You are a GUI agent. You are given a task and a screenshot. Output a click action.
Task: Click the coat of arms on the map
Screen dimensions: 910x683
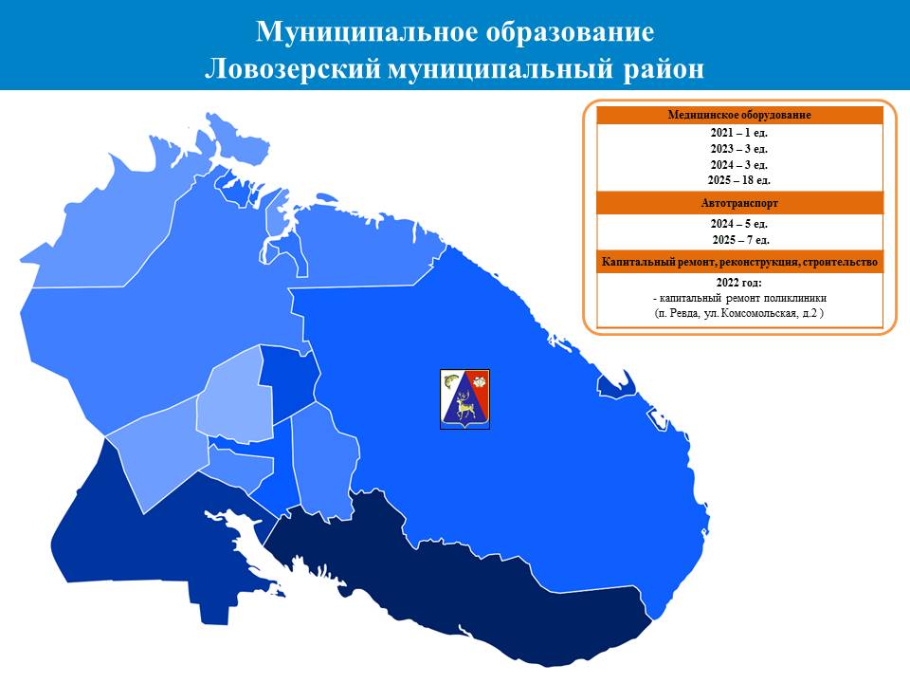tap(464, 399)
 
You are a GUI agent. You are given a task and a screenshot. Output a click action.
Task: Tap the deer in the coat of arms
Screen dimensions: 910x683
tap(464, 405)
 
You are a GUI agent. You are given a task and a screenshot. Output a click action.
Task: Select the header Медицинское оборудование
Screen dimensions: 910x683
tap(739, 115)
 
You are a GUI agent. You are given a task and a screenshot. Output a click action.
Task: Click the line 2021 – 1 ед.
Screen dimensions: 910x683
tap(739, 133)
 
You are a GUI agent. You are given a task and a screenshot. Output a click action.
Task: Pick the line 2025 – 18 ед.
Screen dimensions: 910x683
tap(739, 180)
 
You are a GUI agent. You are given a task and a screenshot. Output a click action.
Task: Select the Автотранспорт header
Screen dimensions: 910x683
tap(739, 203)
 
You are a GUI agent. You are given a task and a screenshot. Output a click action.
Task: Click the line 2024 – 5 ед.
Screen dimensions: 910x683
tap(739, 224)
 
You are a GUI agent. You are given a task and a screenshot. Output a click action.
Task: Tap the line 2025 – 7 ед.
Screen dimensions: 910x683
tap(740, 239)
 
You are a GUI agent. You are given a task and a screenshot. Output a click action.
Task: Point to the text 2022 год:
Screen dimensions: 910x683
tap(738, 283)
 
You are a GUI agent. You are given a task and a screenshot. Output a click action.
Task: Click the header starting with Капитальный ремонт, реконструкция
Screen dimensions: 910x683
tap(739, 262)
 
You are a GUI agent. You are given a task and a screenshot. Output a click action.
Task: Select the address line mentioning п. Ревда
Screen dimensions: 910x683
tap(739, 313)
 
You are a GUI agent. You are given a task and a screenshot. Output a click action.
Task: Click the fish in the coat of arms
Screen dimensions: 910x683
tap(451, 382)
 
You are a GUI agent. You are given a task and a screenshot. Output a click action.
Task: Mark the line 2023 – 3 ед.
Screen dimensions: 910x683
tap(739, 149)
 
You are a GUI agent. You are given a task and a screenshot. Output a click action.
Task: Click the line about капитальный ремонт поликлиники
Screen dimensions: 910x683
tap(739, 298)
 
